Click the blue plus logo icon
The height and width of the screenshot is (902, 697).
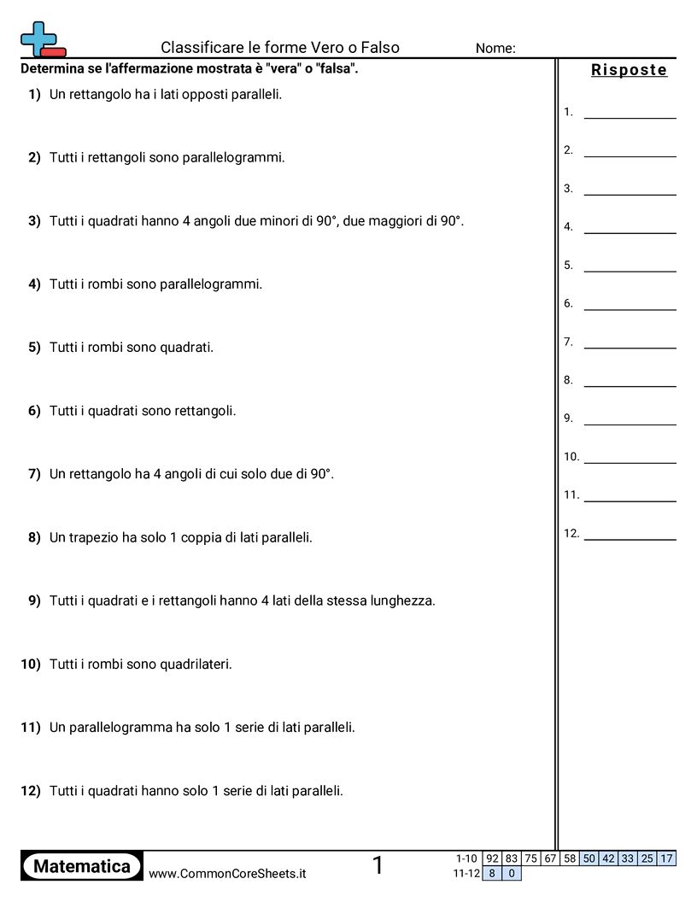tap(37, 36)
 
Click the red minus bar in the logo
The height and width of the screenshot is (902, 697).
tap(53, 52)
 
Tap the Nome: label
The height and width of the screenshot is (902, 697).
tap(495, 49)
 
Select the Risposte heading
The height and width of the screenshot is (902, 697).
tap(629, 70)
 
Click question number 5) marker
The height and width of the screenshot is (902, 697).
tap(34, 348)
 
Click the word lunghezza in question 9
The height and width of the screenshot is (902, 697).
tap(402, 600)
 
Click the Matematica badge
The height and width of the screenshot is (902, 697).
tap(82, 866)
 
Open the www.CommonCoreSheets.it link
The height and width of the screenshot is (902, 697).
tap(227, 874)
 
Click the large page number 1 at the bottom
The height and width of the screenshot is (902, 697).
tap(378, 866)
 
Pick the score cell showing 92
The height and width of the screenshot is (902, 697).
tap(491, 858)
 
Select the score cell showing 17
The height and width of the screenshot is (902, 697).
tap(666, 858)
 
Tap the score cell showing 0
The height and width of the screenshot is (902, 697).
tap(511, 874)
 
